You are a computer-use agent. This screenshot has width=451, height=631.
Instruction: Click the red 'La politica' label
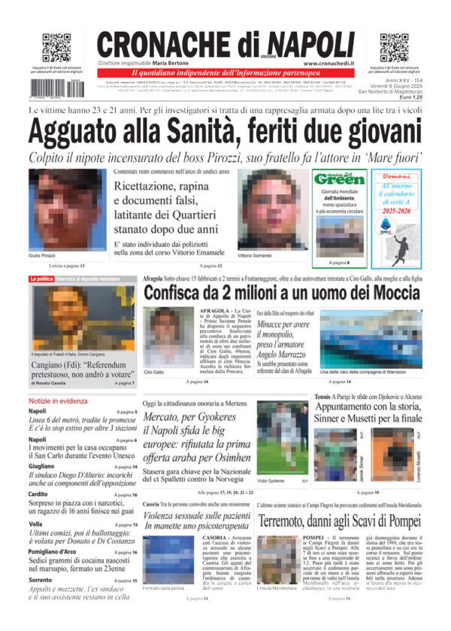coord(41,279)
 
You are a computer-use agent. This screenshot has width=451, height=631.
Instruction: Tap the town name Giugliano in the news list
coord(44,466)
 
